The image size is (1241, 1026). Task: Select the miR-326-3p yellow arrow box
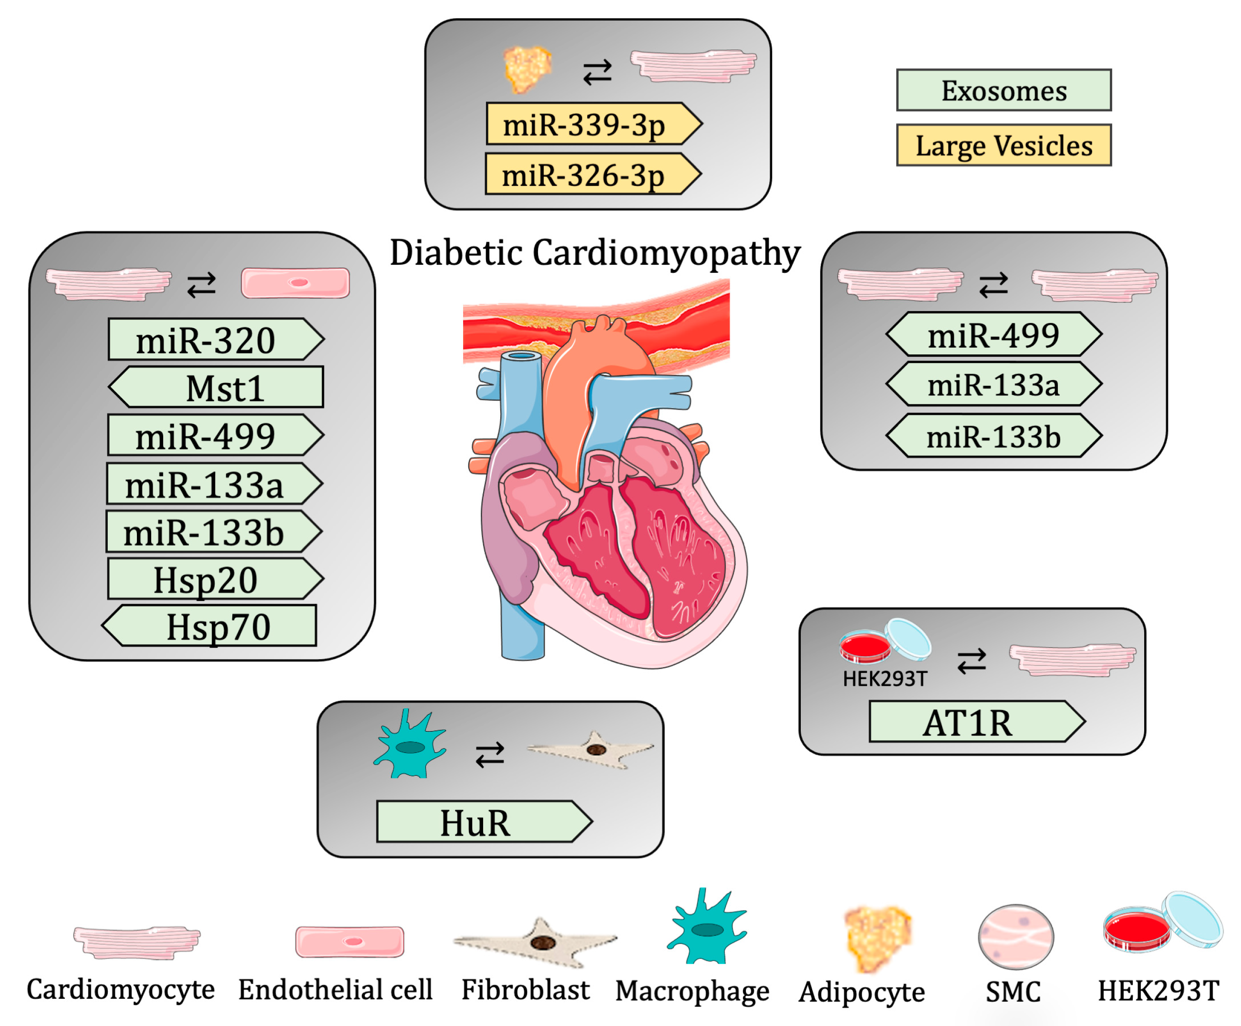(591, 175)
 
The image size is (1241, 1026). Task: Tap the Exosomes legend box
(1003, 91)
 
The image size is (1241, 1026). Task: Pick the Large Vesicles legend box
(1003, 145)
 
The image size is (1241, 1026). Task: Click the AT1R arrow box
(975, 722)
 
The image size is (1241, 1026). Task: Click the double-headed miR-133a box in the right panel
(993, 385)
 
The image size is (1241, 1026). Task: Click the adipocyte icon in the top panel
(527, 69)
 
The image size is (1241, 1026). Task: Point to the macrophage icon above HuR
(410, 746)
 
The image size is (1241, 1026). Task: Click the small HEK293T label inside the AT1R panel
(885, 678)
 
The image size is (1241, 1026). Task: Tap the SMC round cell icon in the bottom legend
(1015, 937)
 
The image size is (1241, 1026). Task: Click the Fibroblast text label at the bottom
(525, 990)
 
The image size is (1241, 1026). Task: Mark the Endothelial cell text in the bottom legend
(335, 990)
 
